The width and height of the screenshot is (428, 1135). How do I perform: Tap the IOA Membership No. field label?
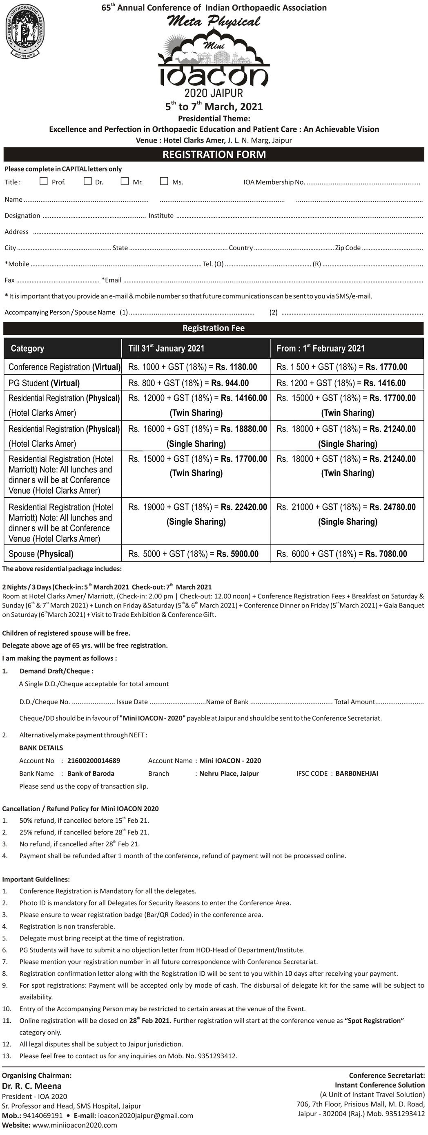pos(274,182)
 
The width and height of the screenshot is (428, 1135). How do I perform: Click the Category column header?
pos(27,349)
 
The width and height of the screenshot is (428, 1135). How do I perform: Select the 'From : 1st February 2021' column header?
pos(320,349)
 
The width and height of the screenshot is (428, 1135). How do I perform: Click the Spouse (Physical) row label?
pos(41,554)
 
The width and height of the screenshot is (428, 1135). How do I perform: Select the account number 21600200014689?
pos(94,761)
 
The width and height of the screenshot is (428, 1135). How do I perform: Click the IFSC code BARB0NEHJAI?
pos(357,773)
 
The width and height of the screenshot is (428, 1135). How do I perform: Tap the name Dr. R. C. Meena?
pos(32,1086)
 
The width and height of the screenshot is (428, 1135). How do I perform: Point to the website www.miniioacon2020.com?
pos(74,1125)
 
